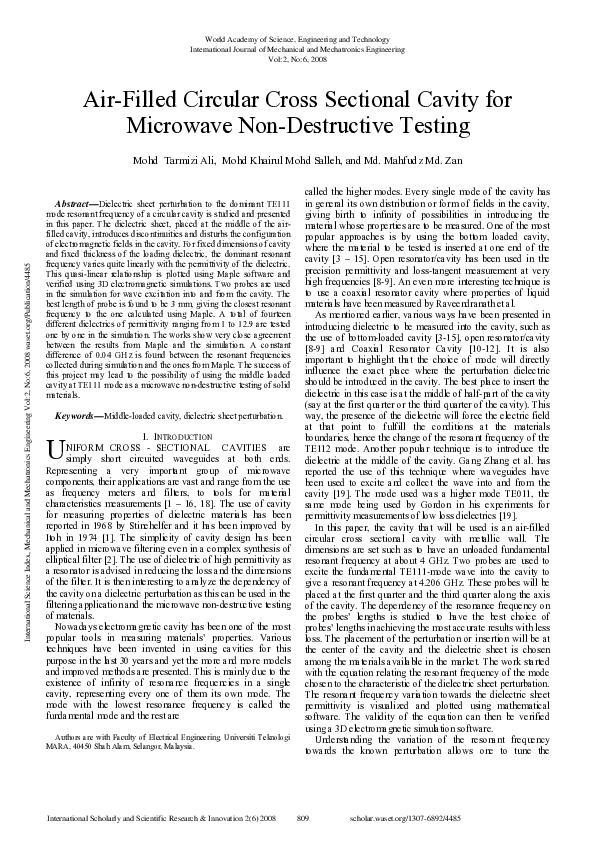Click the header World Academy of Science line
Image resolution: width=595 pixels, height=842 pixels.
297,38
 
